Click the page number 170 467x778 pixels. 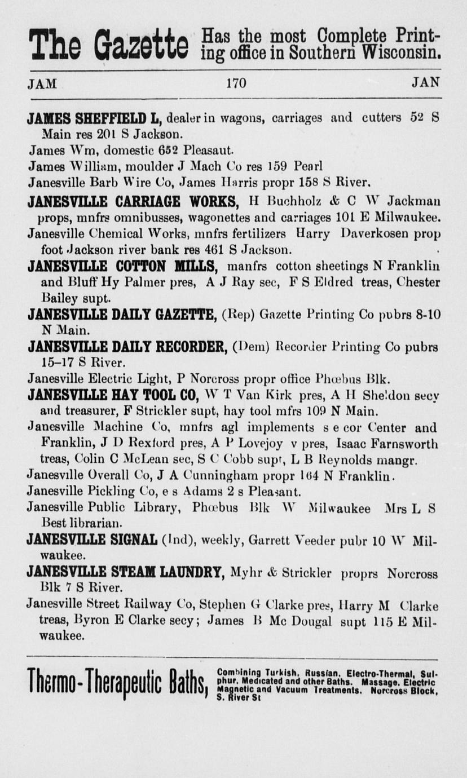tap(236, 83)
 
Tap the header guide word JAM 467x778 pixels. tap(42, 84)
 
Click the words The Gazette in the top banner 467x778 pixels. tap(108, 45)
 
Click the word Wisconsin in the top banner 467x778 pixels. tap(402, 52)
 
